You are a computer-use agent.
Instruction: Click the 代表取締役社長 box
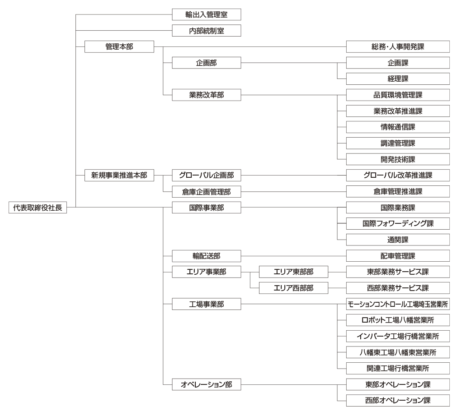coord(38,208)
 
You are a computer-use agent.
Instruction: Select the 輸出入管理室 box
coord(206,14)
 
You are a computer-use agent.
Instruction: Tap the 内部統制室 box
coord(206,31)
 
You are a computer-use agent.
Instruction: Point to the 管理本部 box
coord(119,46)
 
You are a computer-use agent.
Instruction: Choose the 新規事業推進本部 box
coord(119,176)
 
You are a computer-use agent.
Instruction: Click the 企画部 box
coord(206,63)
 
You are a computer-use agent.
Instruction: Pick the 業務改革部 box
coord(206,95)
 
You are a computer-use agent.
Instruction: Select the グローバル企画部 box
coord(206,176)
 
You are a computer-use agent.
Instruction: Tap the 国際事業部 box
coord(206,208)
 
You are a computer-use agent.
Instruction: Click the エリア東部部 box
coord(293,272)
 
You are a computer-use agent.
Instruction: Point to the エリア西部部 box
coord(293,288)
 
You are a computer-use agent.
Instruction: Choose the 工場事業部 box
coord(206,304)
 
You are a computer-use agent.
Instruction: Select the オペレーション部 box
coord(206,384)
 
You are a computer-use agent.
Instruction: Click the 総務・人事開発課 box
coord(398,46)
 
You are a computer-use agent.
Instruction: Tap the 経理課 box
coord(398,79)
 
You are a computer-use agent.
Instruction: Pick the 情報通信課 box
coord(398,127)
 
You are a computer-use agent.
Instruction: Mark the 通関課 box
coord(398,240)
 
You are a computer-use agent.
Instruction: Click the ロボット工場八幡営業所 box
coord(398,320)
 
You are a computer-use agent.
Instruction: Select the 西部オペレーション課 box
coord(398,401)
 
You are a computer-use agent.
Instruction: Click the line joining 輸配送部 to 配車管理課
coord(293,256)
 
